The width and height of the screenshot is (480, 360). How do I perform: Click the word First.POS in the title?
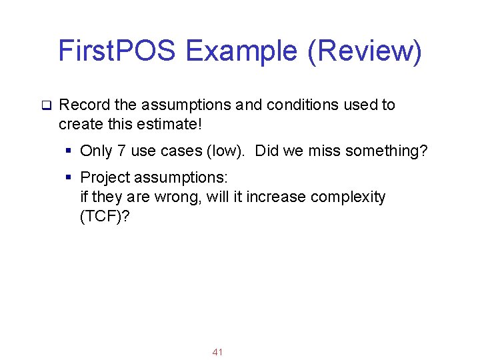coord(117,51)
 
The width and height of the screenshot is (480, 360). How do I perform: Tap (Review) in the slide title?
coord(365,51)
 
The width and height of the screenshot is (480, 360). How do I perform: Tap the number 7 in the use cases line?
coord(121,151)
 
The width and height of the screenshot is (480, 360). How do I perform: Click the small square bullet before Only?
coord(69,151)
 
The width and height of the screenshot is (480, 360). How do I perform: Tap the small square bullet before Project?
coord(69,178)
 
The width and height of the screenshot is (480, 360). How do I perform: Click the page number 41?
coord(217,351)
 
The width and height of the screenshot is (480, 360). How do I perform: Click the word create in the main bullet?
coord(78,124)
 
